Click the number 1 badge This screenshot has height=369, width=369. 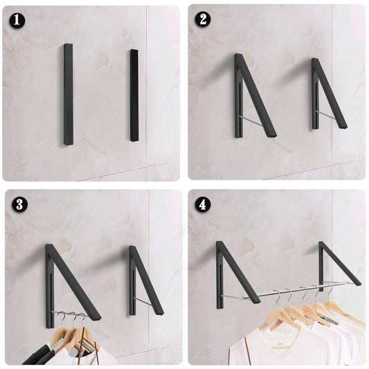(x=17, y=21)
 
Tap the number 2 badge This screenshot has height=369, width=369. (x=203, y=19)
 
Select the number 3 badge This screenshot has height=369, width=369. (x=19, y=204)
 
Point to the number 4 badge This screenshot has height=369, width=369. (x=203, y=205)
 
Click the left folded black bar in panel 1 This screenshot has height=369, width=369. (x=69, y=94)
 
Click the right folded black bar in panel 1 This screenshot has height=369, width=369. (x=134, y=96)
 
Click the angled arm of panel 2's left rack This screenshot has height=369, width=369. (x=257, y=96)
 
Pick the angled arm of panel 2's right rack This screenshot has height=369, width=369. (x=330, y=93)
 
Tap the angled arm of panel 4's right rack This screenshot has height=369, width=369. (x=341, y=263)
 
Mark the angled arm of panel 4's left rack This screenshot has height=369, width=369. (x=238, y=272)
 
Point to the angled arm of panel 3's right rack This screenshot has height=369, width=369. (x=147, y=280)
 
